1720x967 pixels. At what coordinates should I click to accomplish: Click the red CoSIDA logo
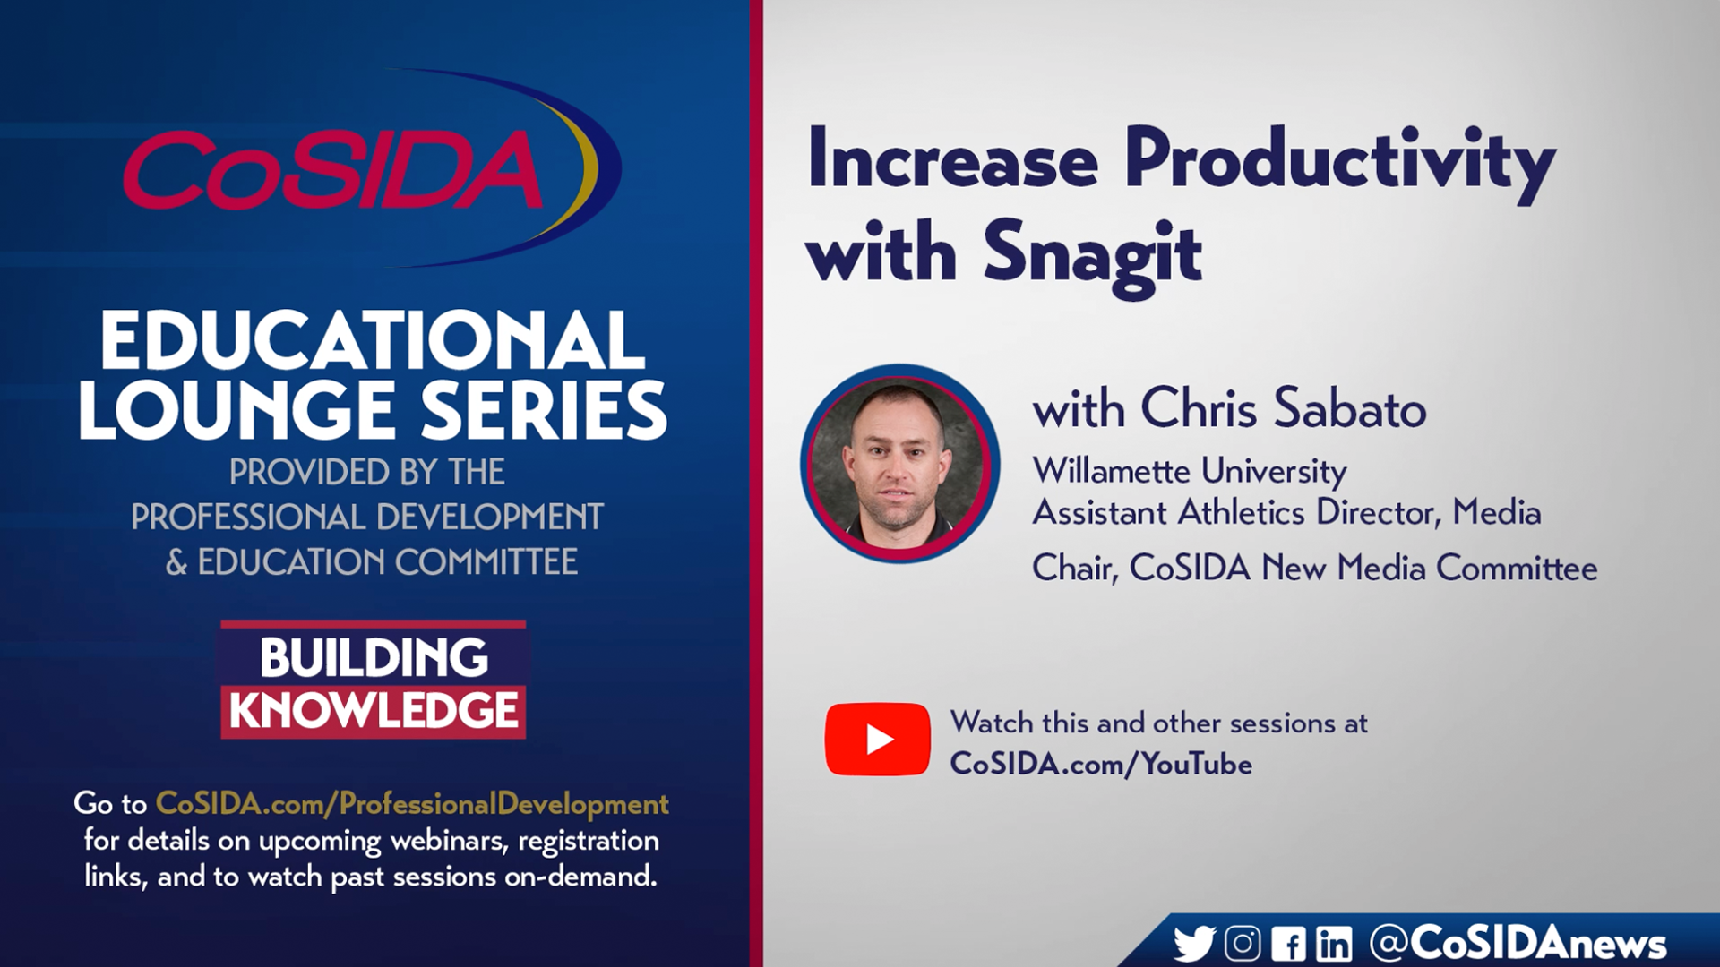pos(333,168)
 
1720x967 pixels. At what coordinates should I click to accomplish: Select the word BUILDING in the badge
pos(374,658)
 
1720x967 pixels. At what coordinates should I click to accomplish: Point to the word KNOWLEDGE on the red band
pos(374,710)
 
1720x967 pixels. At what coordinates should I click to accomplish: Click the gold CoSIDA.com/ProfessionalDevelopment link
pos(412,804)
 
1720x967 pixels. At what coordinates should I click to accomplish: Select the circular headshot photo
pos(899,464)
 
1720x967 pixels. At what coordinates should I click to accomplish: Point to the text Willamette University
pos(1189,472)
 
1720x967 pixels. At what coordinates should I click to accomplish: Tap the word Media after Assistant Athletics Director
pos(1496,512)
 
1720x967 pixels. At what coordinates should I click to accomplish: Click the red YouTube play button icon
pos(877,740)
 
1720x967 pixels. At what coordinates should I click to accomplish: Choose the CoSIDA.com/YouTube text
pos(1101,764)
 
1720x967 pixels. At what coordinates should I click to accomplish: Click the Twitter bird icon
pos(1194,944)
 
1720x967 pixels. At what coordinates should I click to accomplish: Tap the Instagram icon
pos(1243,944)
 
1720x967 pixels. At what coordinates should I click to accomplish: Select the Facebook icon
pos(1288,944)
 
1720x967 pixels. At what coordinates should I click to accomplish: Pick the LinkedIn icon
pos(1334,944)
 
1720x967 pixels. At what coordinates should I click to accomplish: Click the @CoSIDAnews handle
pos(1518,943)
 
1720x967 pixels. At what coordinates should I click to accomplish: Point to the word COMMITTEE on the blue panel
pos(486,562)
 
